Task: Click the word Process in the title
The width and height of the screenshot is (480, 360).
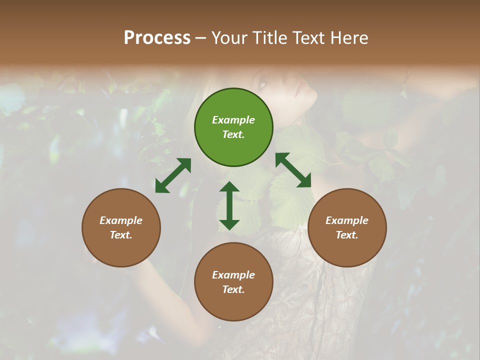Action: click(x=157, y=38)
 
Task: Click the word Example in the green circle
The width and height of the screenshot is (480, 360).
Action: click(x=233, y=120)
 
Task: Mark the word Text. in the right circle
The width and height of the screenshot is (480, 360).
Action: click(x=347, y=235)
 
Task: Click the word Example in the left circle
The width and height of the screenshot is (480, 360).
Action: click(x=121, y=220)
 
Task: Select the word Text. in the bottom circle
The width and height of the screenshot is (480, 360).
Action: click(x=233, y=289)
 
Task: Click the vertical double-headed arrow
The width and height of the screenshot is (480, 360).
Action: click(x=229, y=205)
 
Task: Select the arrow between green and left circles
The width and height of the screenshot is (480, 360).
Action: click(x=173, y=175)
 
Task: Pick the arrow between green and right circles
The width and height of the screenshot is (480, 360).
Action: click(x=293, y=170)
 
